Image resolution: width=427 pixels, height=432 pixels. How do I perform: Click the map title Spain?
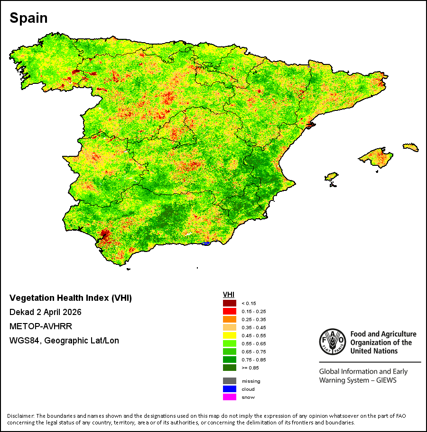tap(28, 18)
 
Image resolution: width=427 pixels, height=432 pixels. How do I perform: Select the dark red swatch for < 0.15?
tap(229, 303)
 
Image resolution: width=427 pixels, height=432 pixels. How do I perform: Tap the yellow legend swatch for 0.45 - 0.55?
tap(229, 335)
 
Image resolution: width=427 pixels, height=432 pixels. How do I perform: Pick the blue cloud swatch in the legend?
tap(229, 389)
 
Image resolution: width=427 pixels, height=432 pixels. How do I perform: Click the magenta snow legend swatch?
tap(229, 397)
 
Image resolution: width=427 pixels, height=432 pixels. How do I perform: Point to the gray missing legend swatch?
tap(229, 381)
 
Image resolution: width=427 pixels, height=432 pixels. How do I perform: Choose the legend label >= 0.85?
tap(250, 368)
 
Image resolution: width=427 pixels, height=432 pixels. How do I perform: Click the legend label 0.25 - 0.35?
tap(254, 320)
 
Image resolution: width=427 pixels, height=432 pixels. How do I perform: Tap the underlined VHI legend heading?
tap(229, 295)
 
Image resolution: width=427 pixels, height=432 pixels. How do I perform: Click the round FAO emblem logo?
tap(333, 342)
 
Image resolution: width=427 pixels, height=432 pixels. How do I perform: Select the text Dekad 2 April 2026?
tap(45, 312)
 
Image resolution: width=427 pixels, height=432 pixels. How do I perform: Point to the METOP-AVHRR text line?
tap(41, 326)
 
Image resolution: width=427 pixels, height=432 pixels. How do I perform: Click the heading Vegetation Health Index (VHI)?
tap(70, 298)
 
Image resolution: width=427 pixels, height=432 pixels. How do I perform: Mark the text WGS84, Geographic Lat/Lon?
tap(64, 341)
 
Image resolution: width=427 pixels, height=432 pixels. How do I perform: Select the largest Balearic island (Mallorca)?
tap(376, 157)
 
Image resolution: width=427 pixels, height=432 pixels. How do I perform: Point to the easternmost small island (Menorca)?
tap(411, 147)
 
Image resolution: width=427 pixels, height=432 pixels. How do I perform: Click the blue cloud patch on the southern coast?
tap(206, 243)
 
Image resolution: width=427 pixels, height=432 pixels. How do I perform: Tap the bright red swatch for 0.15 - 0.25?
tap(229, 311)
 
